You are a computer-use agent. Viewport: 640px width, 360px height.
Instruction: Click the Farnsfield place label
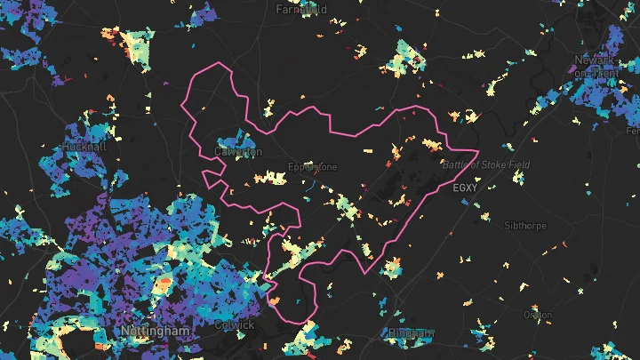click(x=301, y=10)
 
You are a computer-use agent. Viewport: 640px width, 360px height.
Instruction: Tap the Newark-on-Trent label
click(x=595, y=65)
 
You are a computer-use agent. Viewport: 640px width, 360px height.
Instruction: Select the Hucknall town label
click(x=84, y=145)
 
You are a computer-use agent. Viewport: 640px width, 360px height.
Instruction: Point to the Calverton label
click(x=238, y=152)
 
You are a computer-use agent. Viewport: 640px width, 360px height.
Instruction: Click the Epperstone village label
click(x=313, y=167)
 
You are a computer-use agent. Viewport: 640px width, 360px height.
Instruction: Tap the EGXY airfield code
click(x=465, y=188)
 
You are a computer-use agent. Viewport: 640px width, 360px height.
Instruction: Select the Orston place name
click(x=537, y=315)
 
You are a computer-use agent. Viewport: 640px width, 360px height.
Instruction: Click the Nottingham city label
click(x=155, y=331)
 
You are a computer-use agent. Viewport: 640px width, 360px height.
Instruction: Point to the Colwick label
click(x=235, y=325)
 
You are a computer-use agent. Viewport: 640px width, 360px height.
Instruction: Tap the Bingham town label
click(x=410, y=333)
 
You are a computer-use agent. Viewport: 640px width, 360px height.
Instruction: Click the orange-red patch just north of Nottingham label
click(x=163, y=286)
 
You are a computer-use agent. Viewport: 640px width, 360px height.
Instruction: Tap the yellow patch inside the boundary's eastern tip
click(x=433, y=144)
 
